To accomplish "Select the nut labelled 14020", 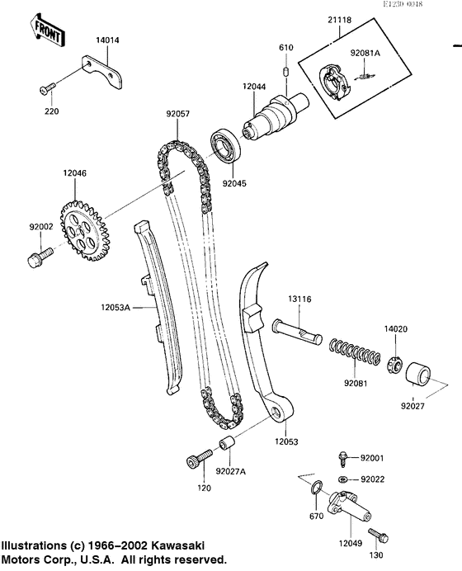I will click(395, 361).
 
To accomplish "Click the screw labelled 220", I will click(47, 87).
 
